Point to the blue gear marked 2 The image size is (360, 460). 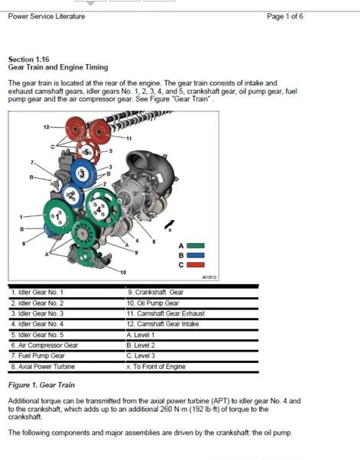(x=71, y=196)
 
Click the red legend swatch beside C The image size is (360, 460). (x=196, y=264)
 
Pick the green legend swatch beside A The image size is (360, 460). (x=196, y=245)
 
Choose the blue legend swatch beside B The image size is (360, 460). (x=196, y=254)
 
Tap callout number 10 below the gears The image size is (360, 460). (x=122, y=272)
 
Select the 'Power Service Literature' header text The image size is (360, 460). (x=47, y=16)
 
